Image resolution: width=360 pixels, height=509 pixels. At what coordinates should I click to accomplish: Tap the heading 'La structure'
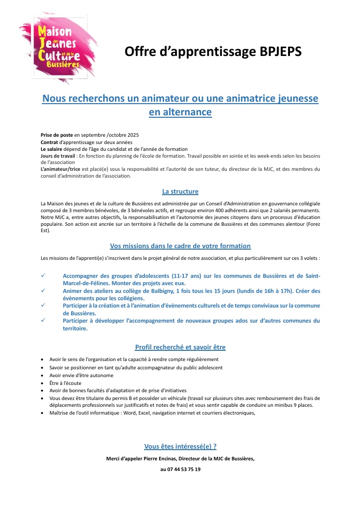click(x=180, y=191)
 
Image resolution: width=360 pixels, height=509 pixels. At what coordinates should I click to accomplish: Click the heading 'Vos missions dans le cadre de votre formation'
click(x=180, y=246)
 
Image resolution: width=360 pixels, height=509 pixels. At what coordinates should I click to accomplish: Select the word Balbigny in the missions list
click(x=171, y=291)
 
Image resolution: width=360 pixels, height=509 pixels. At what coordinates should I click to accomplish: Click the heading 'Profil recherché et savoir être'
click(x=180, y=347)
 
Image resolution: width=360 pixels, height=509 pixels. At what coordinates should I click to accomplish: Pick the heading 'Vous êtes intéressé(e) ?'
click(x=180, y=446)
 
